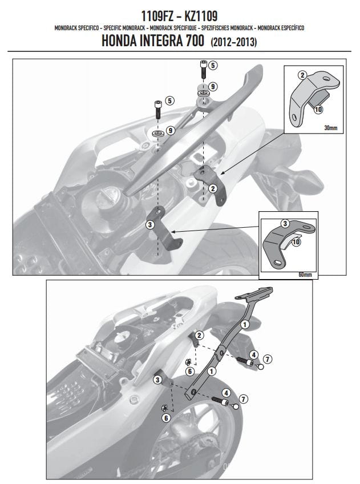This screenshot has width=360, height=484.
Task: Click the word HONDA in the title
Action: click(119, 41)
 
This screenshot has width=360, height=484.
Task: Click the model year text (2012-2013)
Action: click(234, 42)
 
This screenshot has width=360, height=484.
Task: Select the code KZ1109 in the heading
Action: click(201, 16)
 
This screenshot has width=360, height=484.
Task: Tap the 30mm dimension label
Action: click(330, 127)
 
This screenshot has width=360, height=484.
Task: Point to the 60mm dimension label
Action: click(305, 275)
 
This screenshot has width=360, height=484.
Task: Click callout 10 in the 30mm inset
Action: click(318, 109)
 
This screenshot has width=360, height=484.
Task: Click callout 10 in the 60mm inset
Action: click(296, 241)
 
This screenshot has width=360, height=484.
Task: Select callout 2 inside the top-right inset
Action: click(302, 75)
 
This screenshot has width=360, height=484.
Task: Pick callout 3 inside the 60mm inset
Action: click(285, 224)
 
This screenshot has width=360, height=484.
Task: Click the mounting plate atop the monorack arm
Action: click(254, 293)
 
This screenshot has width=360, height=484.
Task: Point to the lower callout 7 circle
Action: click(244, 399)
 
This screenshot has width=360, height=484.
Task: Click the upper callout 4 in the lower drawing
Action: click(253, 355)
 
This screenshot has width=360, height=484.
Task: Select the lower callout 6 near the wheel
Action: click(166, 418)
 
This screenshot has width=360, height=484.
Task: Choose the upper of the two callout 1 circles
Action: click(245, 324)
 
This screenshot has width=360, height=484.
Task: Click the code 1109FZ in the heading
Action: click(157, 16)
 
